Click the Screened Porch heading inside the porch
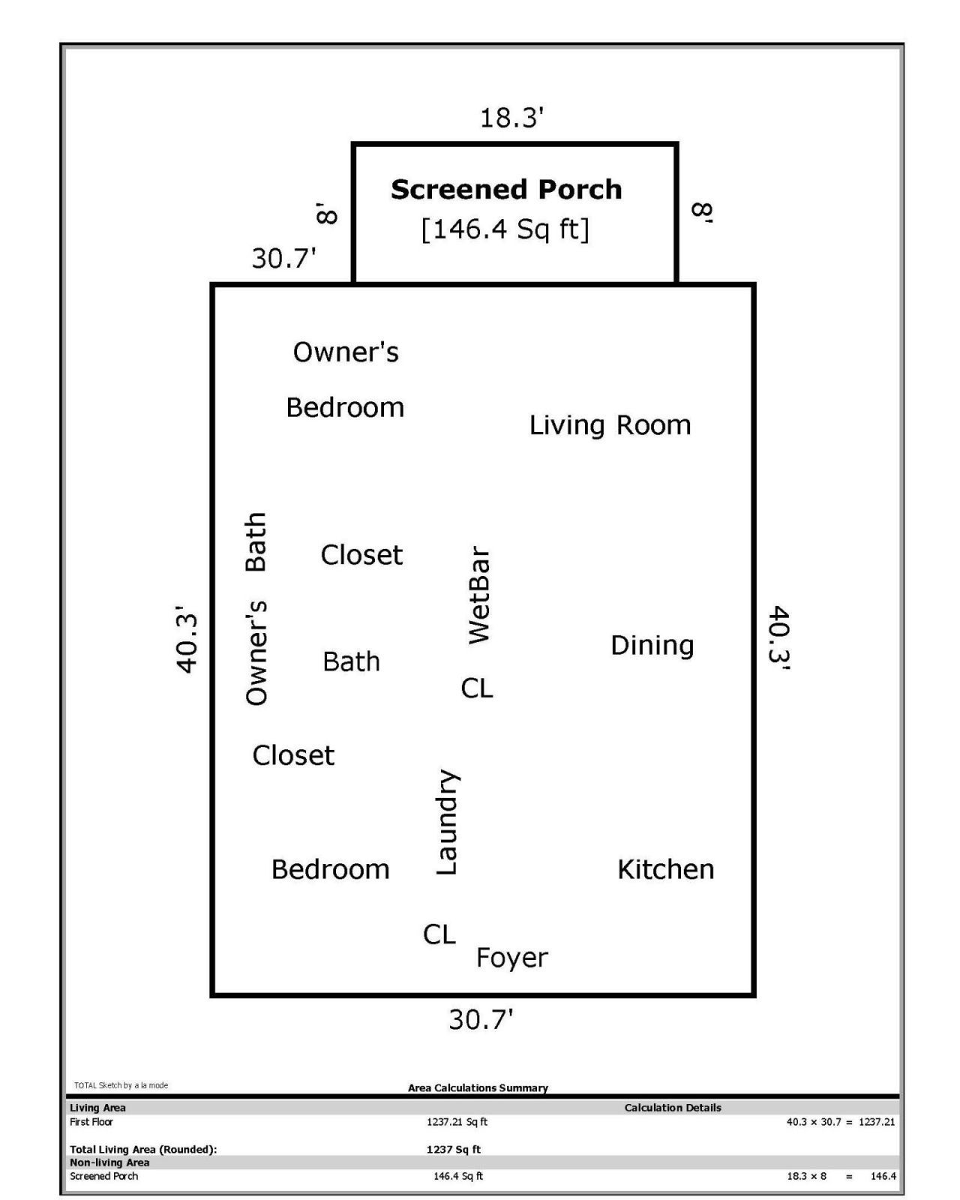(x=506, y=190)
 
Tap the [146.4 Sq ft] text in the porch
(x=505, y=229)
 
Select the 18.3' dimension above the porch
(x=511, y=118)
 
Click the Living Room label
(x=610, y=425)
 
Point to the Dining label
(x=652, y=646)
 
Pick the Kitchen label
(x=665, y=869)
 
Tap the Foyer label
(x=512, y=958)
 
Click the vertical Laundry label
(x=447, y=822)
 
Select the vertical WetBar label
(x=478, y=595)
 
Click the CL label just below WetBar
(x=477, y=688)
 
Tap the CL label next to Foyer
(x=439, y=934)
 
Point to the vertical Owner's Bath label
(x=256, y=608)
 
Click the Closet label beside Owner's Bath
(x=361, y=555)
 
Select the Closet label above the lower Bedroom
(x=293, y=755)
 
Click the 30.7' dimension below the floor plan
(x=481, y=1020)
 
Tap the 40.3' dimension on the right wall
(x=779, y=635)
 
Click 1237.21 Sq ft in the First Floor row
(x=457, y=1122)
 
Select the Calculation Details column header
(x=673, y=1108)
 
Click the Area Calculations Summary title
(x=478, y=1087)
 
